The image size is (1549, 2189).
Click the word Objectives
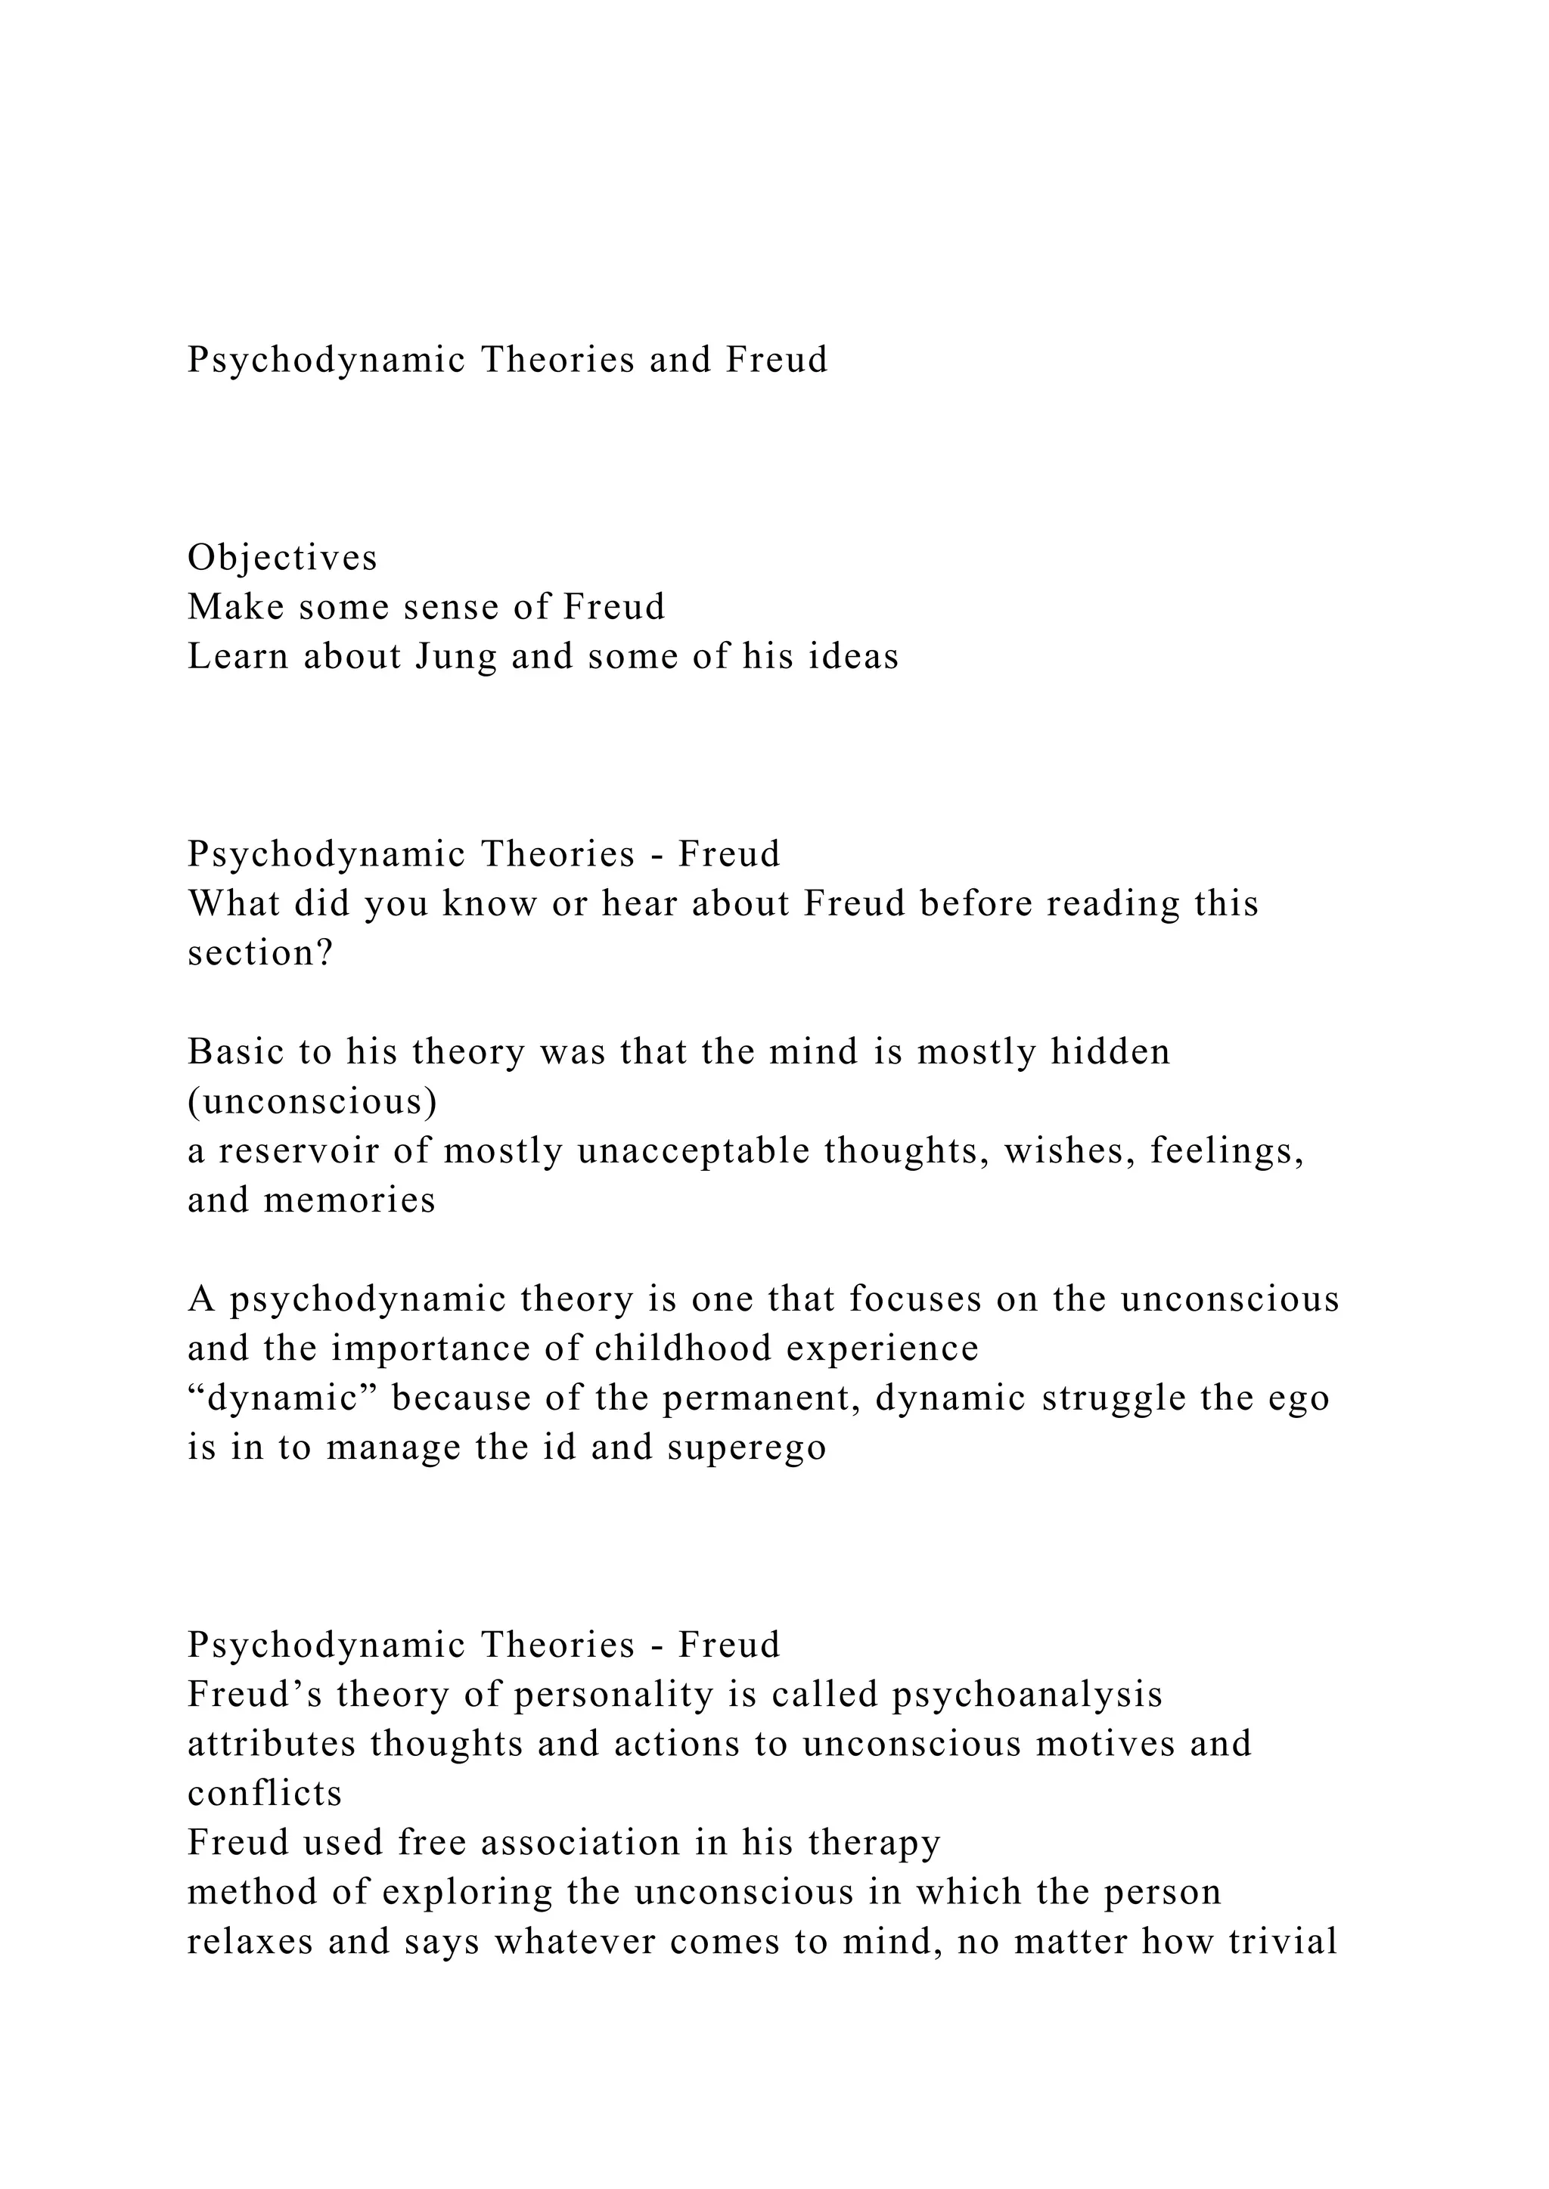pos(282,559)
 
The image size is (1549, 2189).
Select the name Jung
pos(456,658)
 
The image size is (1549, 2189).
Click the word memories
pos(349,1201)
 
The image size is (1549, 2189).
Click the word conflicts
pos(264,1794)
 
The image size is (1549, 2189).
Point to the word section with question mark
pos(260,953)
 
